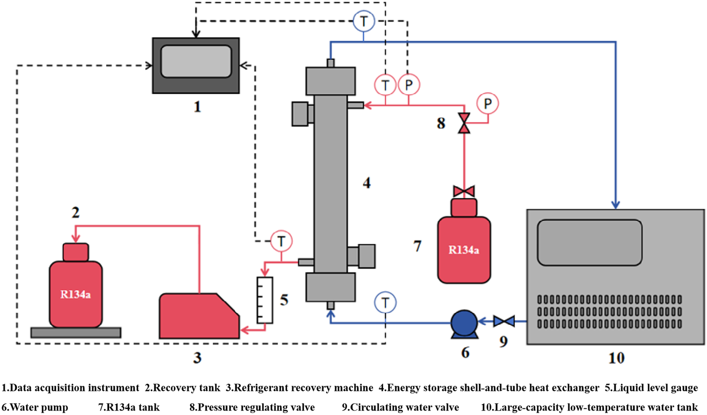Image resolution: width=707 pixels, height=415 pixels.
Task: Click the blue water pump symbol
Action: pos(464,324)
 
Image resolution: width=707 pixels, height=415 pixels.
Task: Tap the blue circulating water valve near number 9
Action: pos(504,321)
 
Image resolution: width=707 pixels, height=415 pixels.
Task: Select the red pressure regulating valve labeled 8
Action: pos(464,123)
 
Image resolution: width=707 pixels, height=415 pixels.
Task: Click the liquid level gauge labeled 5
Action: pos(265,300)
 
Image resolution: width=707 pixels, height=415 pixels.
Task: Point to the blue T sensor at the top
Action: pos(364,21)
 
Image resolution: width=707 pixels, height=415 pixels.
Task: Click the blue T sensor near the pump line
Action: pos(385,302)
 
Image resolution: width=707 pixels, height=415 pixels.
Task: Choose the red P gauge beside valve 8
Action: pos(488,103)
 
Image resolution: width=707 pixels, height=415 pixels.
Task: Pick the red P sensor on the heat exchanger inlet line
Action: pos(408,84)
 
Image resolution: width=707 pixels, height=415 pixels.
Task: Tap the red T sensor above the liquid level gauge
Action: pos(281,241)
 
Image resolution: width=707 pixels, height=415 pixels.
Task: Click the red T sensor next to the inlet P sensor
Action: pos(385,84)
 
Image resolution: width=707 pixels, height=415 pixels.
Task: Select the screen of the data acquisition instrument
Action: pos(196,61)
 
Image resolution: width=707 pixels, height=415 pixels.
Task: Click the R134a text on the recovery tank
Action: pos(75,294)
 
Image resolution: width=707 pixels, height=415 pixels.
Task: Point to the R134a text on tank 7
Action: pos(464,250)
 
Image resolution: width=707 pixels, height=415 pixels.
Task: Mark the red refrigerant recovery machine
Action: pos(199,316)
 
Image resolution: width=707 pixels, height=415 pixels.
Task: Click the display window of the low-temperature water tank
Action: pos(590,243)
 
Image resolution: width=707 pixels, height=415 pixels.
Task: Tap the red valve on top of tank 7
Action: pos(464,191)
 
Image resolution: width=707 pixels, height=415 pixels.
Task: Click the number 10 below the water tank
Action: pos(616,358)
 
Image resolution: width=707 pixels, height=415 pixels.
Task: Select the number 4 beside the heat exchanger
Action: pos(367,183)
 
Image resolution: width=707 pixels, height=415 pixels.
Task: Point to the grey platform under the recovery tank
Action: pos(76,332)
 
